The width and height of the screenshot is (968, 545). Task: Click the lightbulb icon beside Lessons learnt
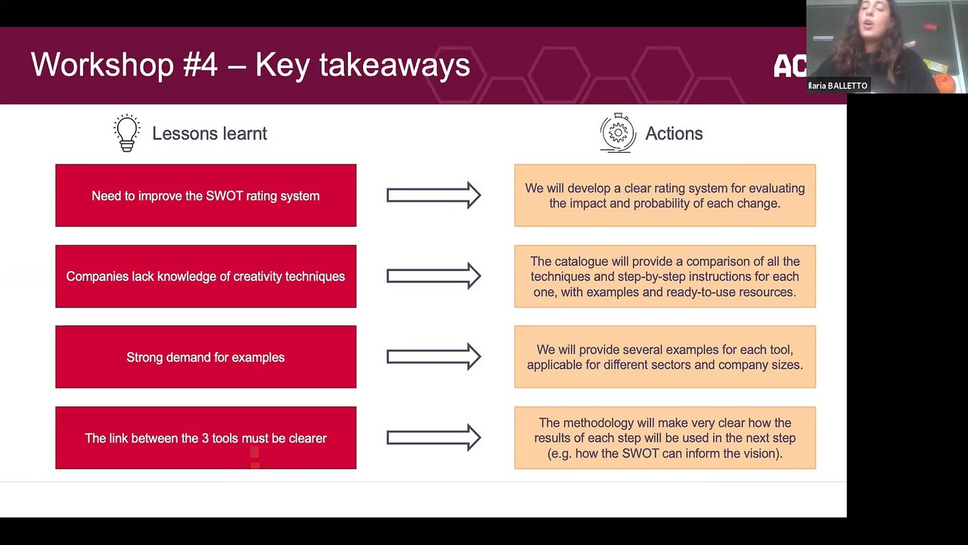point(127,133)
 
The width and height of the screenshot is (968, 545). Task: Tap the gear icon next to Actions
point(618,133)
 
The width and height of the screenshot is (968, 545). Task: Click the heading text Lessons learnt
point(209,134)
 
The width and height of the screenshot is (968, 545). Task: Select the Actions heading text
point(674,134)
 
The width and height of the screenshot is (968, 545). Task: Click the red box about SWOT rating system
point(206,195)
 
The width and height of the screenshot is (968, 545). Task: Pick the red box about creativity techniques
point(206,276)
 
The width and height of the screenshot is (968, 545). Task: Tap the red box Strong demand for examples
point(206,357)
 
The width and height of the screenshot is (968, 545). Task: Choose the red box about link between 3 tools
point(206,438)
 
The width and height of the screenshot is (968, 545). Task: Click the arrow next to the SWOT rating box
point(433,195)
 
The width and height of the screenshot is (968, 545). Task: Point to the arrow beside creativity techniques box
point(433,276)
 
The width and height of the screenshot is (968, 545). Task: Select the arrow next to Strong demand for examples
point(433,357)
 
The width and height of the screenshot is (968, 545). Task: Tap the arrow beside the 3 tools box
point(433,438)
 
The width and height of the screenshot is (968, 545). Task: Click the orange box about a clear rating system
point(665,195)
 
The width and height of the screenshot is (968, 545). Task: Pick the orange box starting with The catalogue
point(665,276)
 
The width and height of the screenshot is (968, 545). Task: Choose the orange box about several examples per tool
point(665,357)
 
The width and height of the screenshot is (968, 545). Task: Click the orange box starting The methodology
point(665,438)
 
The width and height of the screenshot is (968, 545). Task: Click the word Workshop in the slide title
point(102,65)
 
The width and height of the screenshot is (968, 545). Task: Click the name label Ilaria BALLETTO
point(838,86)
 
